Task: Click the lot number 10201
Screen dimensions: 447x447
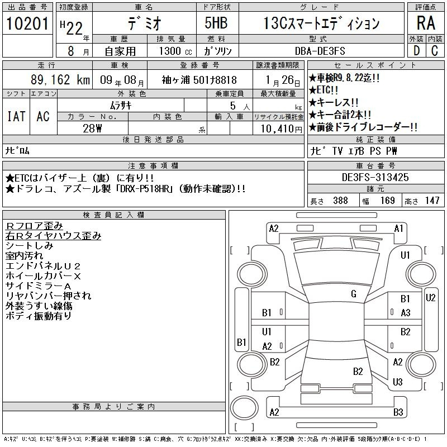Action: tap(27, 23)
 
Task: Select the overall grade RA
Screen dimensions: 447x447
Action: tap(426, 23)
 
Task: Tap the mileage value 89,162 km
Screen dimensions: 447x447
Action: tap(60, 79)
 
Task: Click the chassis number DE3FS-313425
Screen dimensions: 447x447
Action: tap(375, 177)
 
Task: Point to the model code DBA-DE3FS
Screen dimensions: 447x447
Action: tap(320, 51)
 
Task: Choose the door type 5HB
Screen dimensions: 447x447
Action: tap(216, 23)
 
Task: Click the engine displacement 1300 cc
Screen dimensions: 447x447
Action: tap(175, 51)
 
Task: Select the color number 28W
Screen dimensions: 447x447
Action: tap(92, 129)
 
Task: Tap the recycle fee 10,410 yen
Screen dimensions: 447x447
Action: tap(282, 129)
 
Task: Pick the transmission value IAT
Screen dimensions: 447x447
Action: tap(16, 116)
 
